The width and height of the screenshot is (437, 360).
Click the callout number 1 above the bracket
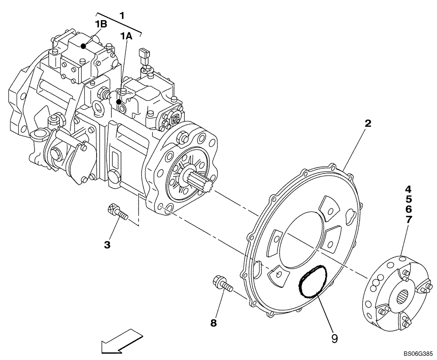click(x=122, y=15)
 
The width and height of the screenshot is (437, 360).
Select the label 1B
click(x=101, y=24)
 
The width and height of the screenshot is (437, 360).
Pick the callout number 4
click(x=408, y=190)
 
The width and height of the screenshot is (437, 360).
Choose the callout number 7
click(x=408, y=220)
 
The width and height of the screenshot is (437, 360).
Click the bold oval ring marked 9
click(x=312, y=282)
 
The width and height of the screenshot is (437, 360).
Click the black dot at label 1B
click(x=83, y=46)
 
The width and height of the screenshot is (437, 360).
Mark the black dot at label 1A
click(x=118, y=102)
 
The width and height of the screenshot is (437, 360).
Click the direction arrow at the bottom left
click(x=121, y=341)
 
